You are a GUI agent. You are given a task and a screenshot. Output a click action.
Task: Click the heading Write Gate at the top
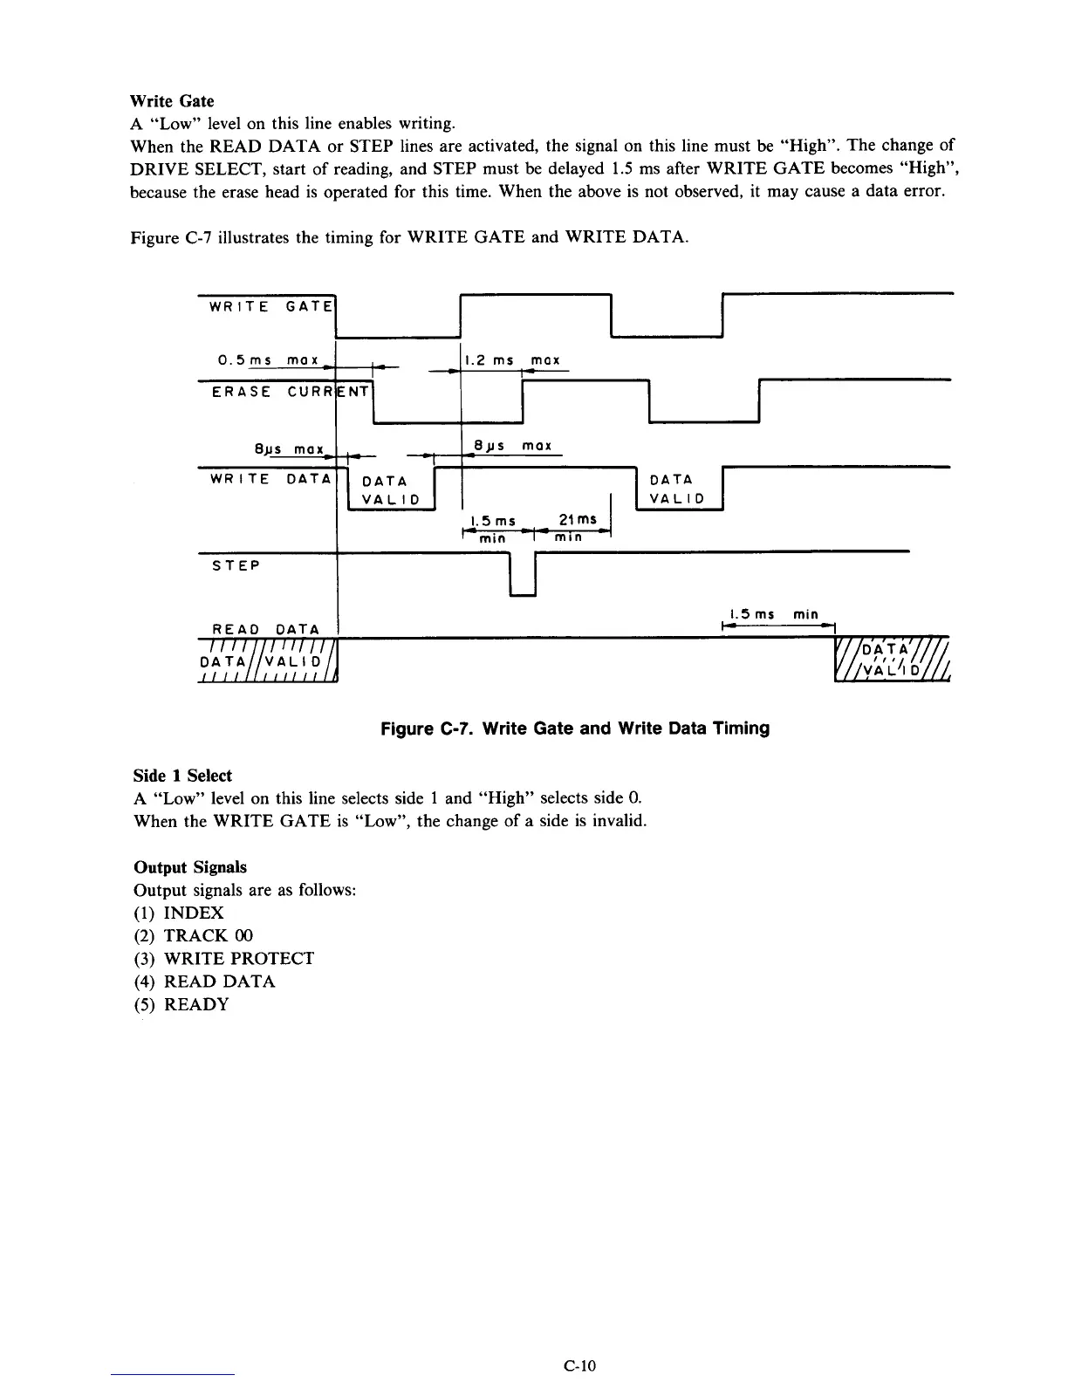click(172, 101)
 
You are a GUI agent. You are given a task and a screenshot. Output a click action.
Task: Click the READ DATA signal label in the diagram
click(265, 629)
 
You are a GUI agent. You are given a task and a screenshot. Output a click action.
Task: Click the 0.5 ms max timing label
click(271, 360)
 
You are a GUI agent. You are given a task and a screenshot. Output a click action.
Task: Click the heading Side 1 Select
click(182, 776)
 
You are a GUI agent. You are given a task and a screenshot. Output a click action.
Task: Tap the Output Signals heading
click(189, 867)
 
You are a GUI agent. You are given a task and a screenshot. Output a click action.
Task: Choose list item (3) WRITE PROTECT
click(223, 959)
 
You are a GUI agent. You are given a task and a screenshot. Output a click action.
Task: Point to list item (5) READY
click(181, 1004)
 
